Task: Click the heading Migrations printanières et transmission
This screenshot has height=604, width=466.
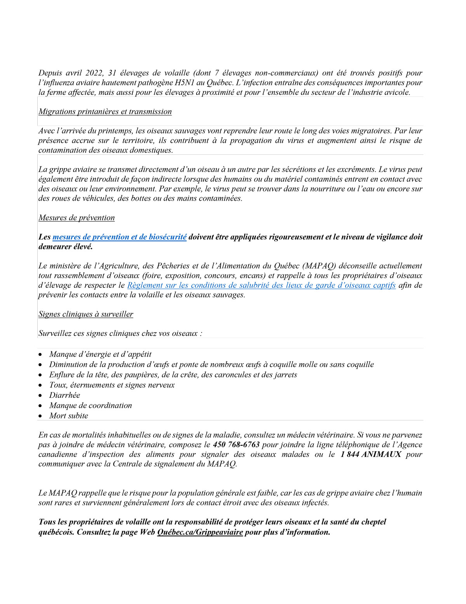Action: [105, 112]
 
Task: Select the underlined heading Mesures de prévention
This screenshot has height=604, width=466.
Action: [77, 218]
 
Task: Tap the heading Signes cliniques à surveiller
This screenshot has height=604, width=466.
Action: [85, 314]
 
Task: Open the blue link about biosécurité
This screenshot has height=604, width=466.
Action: [119, 237]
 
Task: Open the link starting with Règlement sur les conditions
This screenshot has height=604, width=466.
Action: [261, 285]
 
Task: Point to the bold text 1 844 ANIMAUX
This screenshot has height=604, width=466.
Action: [370, 454]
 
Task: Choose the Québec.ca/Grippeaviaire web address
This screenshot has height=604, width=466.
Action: [200, 532]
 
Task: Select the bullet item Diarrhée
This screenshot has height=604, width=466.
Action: [64, 395]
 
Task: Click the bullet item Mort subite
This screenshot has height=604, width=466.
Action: [68, 416]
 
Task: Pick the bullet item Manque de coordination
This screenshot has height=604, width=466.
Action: [90, 405]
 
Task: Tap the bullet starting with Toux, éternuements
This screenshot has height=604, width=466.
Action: [112, 385]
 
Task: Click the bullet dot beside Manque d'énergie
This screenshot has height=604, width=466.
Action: [40, 355]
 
